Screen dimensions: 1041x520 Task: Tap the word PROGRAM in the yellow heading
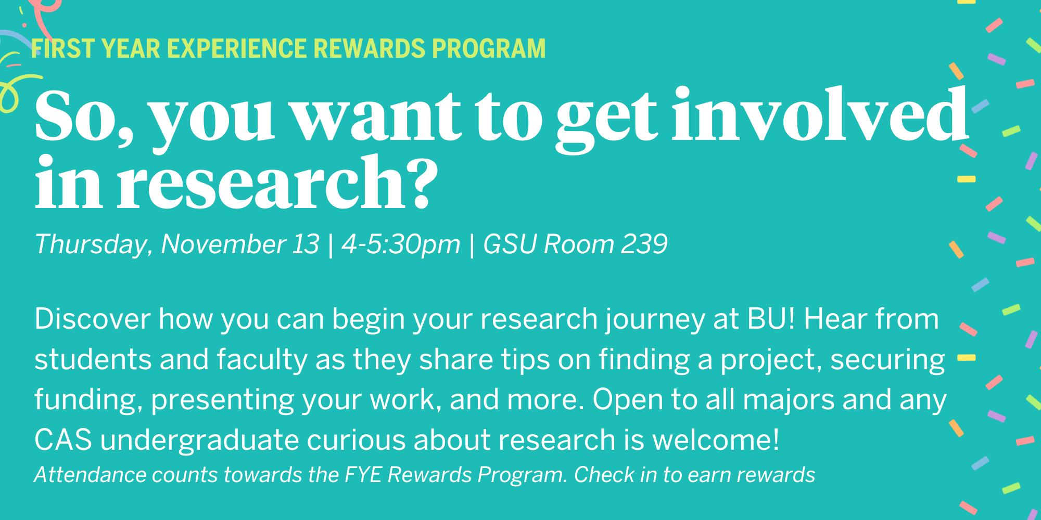click(489, 49)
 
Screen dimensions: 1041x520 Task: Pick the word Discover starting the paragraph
click(93, 319)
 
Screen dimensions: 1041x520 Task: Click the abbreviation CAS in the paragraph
click(63, 440)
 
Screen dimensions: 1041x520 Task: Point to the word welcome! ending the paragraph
click(716, 440)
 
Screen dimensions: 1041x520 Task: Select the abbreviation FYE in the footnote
click(363, 475)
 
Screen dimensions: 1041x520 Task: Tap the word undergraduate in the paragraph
click(199, 440)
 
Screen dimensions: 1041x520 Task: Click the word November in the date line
click(223, 244)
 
